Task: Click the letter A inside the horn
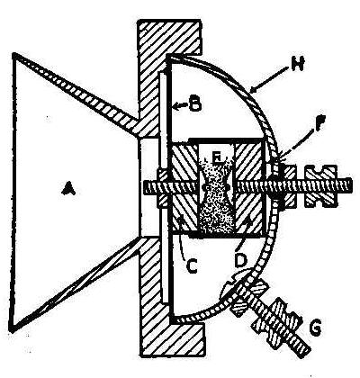(x=68, y=189)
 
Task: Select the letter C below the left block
(x=190, y=266)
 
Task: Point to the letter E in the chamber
(x=217, y=157)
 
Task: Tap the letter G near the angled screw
(x=315, y=328)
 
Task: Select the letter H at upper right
(x=297, y=64)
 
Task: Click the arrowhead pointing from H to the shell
(x=254, y=89)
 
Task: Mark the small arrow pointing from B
(x=179, y=105)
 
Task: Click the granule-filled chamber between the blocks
(x=216, y=191)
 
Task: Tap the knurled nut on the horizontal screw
(x=319, y=187)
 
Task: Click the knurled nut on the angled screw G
(x=276, y=320)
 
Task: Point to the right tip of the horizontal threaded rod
(x=351, y=185)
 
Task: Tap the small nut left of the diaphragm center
(x=162, y=189)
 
